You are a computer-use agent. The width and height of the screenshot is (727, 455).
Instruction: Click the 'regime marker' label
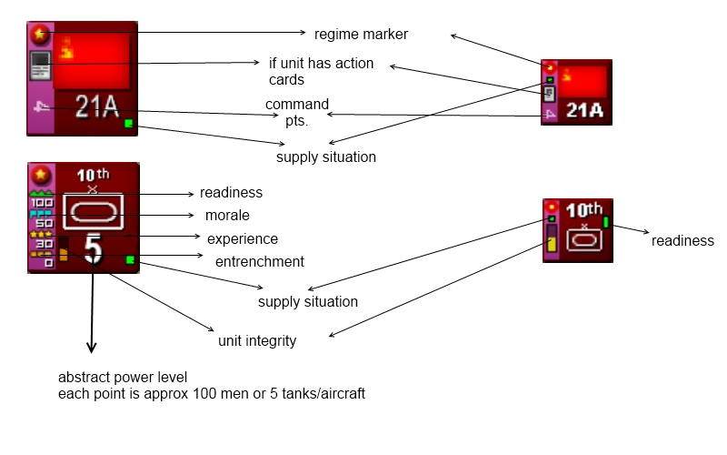pyautogui.click(x=361, y=35)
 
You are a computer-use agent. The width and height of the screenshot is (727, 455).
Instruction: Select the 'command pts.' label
pyautogui.click(x=296, y=112)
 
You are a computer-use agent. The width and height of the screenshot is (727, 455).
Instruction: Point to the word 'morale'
pyautogui.click(x=227, y=216)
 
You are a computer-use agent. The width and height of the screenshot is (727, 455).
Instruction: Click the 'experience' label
pyautogui.click(x=242, y=239)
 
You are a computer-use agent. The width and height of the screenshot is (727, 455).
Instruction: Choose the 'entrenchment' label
pyautogui.click(x=259, y=262)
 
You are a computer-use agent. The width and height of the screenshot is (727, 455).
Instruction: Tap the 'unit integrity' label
pyautogui.click(x=257, y=341)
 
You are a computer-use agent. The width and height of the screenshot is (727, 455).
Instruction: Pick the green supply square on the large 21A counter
pyautogui.click(x=129, y=123)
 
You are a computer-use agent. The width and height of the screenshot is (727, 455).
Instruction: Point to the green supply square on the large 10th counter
pyautogui.click(x=129, y=260)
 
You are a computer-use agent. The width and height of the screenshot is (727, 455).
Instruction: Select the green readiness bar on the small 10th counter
pyautogui.click(x=605, y=222)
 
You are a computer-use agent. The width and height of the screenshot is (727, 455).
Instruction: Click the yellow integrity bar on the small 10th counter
pyautogui.click(x=552, y=245)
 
